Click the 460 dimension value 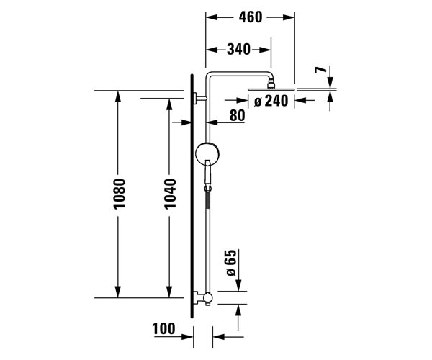(251, 17)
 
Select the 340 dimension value (238, 50)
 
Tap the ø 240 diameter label (271, 101)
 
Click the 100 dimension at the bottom (164, 330)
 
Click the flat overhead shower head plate (271, 89)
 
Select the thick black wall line (192, 194)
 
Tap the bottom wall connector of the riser (204, 297)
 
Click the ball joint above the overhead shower (271, 81)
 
